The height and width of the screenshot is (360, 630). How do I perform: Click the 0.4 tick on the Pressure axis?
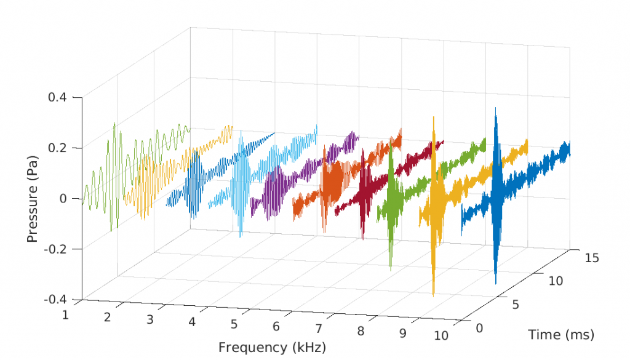tap(63, 97)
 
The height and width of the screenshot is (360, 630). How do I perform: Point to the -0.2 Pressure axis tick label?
tap(60, 249)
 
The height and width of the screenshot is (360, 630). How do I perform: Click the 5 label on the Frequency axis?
tap(234, 324)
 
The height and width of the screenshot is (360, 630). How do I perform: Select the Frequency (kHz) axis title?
tap(271, 347)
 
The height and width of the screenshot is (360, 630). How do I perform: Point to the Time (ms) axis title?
tap(560, 335)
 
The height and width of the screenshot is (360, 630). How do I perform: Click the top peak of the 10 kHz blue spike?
tap(495, 109)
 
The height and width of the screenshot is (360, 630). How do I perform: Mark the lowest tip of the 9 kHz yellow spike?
tap(434, 295)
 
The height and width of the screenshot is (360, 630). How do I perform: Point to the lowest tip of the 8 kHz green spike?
tap(391, 270)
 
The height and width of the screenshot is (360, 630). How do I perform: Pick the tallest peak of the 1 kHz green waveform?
tap(114, 123)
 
